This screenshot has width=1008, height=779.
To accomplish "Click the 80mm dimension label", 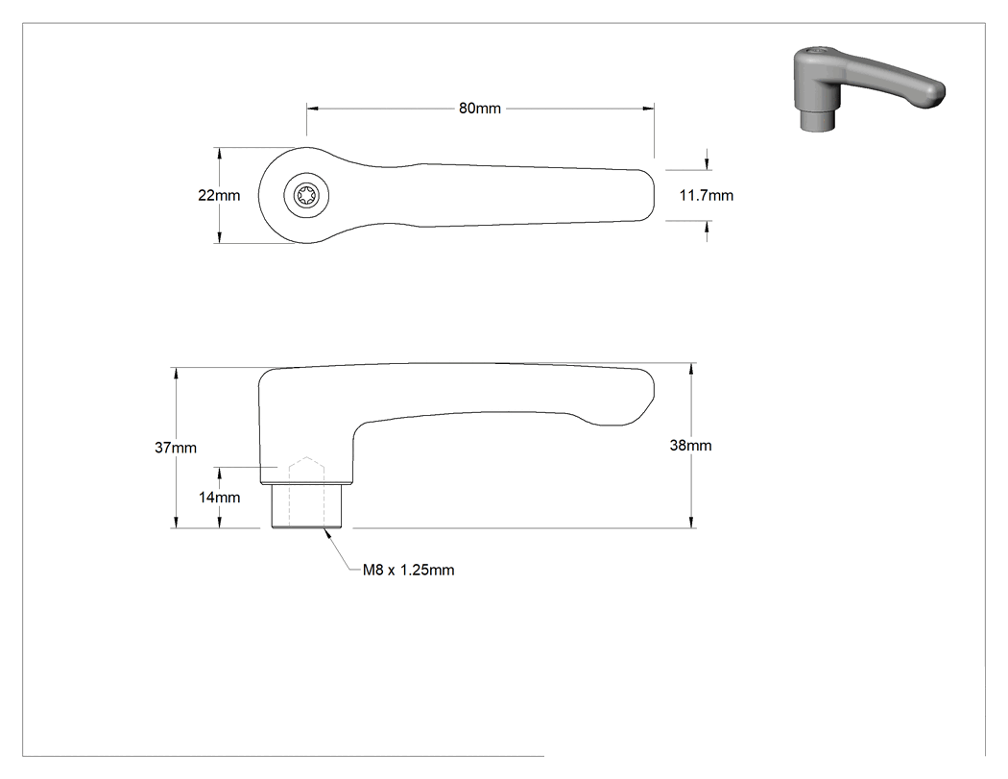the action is click(480, 109).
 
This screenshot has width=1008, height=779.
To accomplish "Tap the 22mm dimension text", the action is click(219, 195).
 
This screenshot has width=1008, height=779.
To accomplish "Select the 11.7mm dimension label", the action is click(707, 195).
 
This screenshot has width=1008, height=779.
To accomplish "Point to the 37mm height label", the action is click(176, 447).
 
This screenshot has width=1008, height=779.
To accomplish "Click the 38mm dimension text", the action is click(690, 445).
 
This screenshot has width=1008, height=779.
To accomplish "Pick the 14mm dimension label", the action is click(219, 498).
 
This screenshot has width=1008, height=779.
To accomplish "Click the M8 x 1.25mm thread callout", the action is click(408, 570).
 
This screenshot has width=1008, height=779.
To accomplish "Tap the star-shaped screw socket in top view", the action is click(306, 195).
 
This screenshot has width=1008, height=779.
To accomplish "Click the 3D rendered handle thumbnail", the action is click(869, 87).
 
